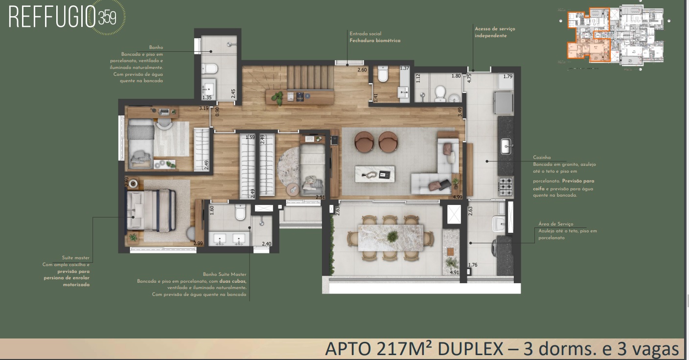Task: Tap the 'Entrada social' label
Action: point(365,34)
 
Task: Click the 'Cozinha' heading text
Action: point(542,158)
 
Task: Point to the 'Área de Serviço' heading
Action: point(555,224)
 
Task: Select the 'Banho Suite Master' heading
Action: point(225,274)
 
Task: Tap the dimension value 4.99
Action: point(458,197)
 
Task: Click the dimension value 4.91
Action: point(455,273)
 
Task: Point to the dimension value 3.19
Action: point(204,108)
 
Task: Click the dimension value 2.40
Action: point(266,244)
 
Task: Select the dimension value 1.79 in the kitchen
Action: point(507,76)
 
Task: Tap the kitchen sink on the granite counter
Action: point(506,144)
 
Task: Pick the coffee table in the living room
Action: point(375,174)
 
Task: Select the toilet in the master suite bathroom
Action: point(240,212)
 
